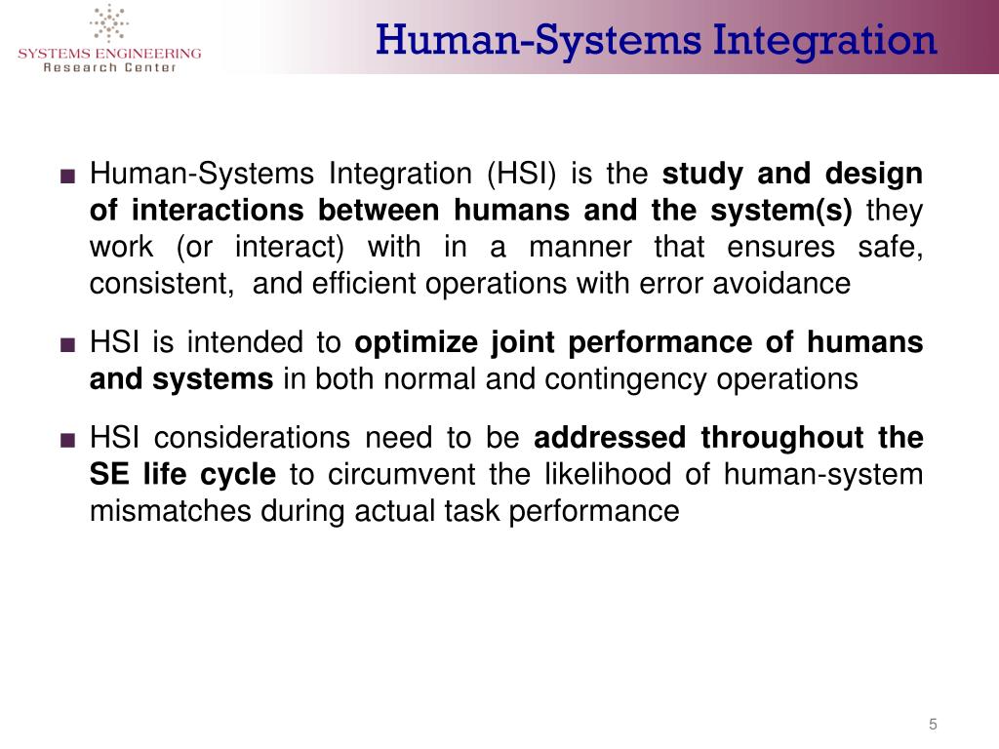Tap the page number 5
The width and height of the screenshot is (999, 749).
(x=933, y=724)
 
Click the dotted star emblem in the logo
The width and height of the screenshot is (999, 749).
(x=109, y=24)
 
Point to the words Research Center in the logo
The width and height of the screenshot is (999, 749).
(x=109, y=67)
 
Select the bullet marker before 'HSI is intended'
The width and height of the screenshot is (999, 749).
(x=66, y=344)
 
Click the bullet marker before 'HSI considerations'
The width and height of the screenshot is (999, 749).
(x=66, y=440)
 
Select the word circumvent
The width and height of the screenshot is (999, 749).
(x=398, y=475)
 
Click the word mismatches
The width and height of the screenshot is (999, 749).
(x=170, y=511)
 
